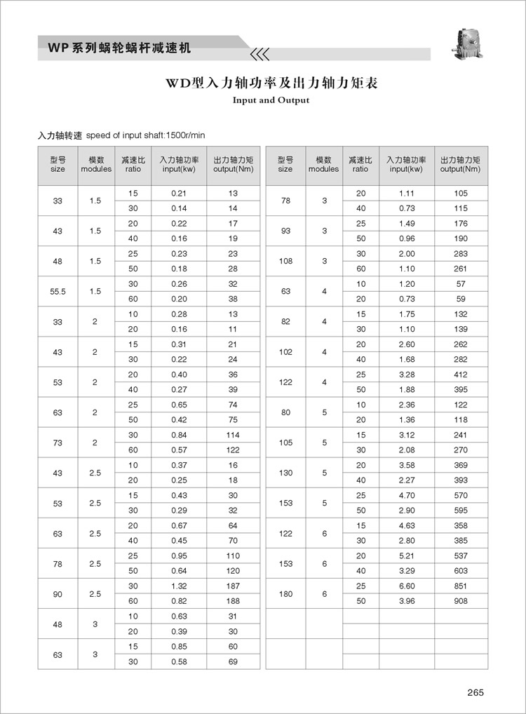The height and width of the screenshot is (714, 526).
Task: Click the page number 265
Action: coord(476,693)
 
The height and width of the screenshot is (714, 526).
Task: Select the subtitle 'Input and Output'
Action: coord(271,100)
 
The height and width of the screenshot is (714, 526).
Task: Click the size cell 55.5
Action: coord(58,292)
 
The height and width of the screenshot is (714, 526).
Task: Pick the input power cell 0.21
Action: coord(179,193)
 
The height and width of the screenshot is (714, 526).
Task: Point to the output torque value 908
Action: coord(460,601)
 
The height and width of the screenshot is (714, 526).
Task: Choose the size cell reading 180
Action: coord(285,594)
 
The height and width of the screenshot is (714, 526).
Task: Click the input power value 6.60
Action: coord(406,586)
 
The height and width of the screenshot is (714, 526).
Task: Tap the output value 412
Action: coord(460,375)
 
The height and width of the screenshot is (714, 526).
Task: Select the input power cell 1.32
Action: coord(179,586)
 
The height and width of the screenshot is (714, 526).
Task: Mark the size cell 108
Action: coord(285,261)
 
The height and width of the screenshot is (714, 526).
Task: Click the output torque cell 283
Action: coord(460,253)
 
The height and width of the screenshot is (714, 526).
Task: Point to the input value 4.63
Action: coord(406,525)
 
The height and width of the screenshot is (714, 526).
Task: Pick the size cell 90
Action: coord(58,594)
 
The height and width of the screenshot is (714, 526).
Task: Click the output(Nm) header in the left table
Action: coord(233,165)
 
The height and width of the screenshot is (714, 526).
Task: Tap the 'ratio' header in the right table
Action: coord(360,165)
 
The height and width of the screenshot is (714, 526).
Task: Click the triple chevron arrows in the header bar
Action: coord(259,53)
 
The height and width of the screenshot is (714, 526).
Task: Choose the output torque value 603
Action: coord(460,571)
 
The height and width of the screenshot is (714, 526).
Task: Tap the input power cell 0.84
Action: coord(179,435)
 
